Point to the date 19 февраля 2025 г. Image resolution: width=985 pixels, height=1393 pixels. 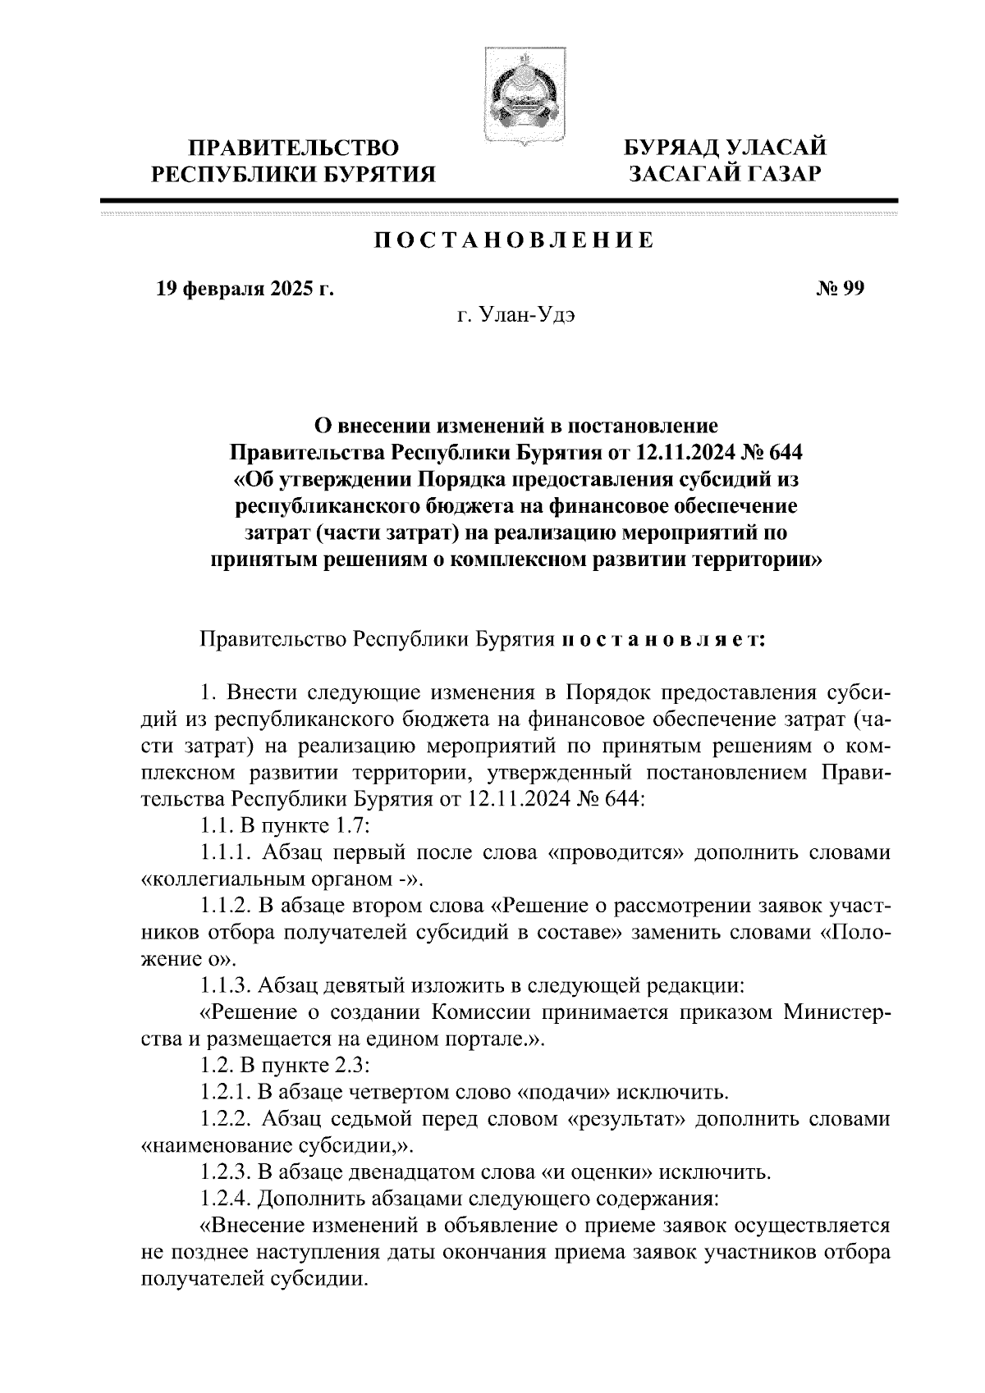pyautogui.click(x=245, y=289)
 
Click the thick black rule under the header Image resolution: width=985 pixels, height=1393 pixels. pyautogui.click(x=498, y=200)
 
